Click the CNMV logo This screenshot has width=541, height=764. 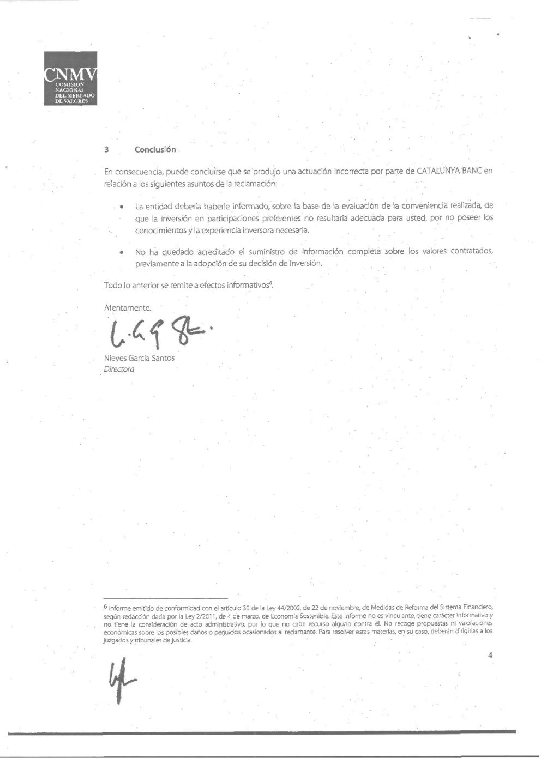click(70, 79)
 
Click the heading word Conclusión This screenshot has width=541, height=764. click(155, 150)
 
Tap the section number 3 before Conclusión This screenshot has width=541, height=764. click(107, 150)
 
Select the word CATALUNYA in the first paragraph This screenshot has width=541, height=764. click(439, 171)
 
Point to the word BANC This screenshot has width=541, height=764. click(473, 171)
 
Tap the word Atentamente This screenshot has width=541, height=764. click(128, 308)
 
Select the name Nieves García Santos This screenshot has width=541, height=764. click(139, 358)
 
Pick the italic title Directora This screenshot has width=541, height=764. click(119, 369)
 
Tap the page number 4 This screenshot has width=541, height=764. click(490, 656)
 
